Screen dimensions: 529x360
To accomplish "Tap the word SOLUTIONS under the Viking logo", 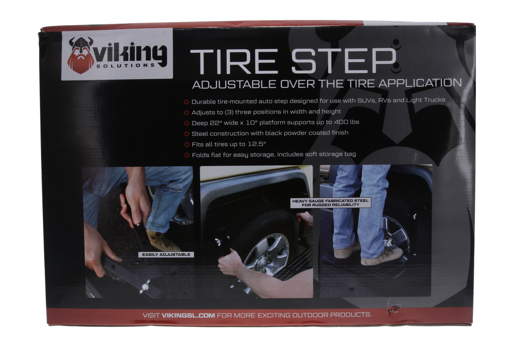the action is point(126,65).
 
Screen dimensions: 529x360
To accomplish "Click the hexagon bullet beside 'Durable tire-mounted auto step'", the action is point(187,102).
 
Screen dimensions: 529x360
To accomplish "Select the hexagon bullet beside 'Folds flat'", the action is point(187,155).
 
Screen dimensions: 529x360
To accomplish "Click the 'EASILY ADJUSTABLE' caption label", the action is point(166,255).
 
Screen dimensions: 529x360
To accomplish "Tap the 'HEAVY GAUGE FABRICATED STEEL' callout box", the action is point(330,203).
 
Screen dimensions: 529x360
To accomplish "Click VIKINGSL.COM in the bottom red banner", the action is point(188,315).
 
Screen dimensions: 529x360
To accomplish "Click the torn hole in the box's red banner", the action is point(394,309).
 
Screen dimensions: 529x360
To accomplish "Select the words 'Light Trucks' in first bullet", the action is point(425,100).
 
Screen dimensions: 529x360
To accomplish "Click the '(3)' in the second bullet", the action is point(229,112).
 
